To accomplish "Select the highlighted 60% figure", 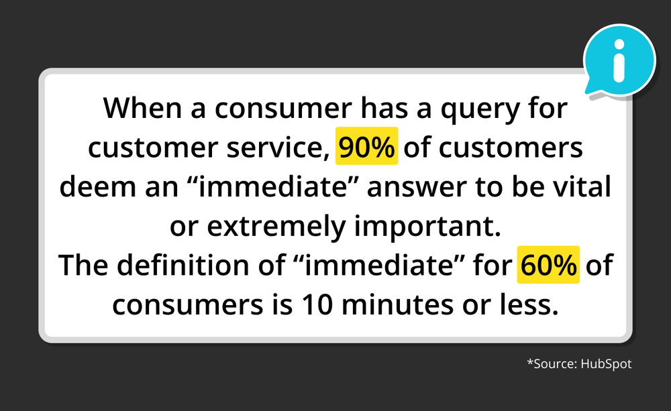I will [548, 266].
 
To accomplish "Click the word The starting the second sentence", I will [83, 266].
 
